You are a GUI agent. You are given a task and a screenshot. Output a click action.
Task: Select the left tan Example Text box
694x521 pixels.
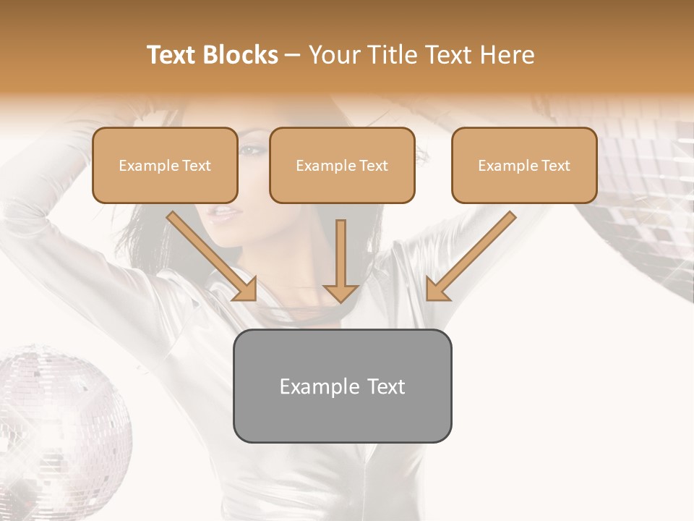point(165,165)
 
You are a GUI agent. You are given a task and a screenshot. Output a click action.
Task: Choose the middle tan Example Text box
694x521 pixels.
point(342,165)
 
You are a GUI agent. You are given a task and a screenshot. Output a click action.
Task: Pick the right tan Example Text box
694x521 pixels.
point(524,165)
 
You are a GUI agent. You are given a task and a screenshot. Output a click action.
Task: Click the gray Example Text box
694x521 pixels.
point(342,386)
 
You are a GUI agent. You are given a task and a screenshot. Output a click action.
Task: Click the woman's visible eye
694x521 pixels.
point(249,150)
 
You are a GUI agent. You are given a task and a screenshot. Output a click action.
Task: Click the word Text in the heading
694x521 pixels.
point(444,55)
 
